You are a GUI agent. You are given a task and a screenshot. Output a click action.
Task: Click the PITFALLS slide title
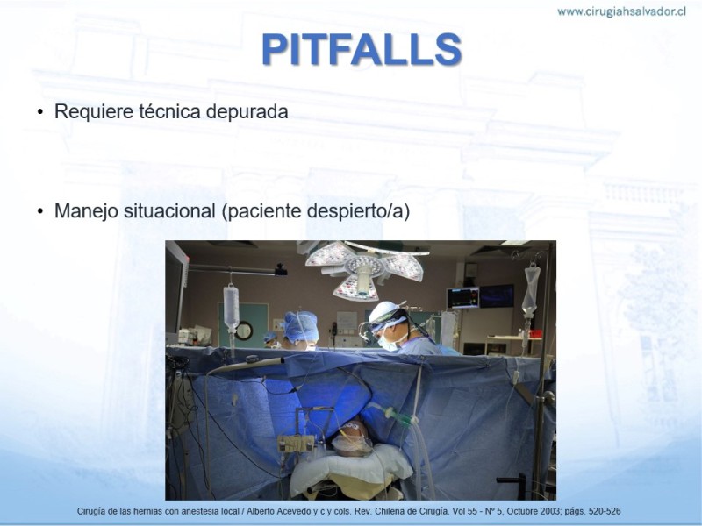pos(362,49)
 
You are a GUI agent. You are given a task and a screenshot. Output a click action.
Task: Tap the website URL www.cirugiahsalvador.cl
pos(621,11)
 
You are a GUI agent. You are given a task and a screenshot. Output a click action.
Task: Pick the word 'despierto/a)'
pos(359,211)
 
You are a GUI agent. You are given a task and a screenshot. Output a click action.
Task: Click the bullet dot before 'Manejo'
pos(40,211)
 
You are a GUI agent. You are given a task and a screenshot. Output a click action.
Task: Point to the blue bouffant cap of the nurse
pos(300,326)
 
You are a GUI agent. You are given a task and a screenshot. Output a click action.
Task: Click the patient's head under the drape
pos(353,439)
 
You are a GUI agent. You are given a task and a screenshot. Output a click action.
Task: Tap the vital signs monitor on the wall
pos(463,298)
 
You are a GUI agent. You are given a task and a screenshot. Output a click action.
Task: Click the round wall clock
pos(244,331)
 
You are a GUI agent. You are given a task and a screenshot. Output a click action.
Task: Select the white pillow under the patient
pos(351,470)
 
